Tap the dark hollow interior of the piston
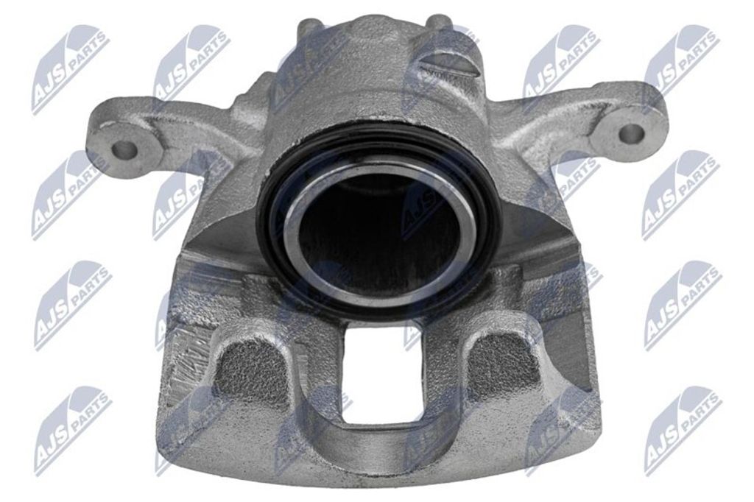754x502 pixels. (368, 221)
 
